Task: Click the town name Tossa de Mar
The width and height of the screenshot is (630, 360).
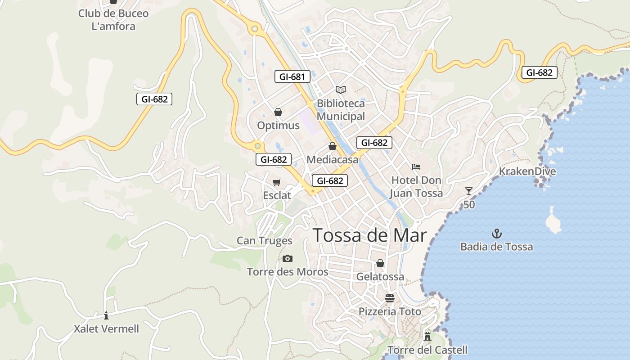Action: click(x=369, y=235)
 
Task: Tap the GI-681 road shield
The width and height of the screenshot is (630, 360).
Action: click(x=292, y=76)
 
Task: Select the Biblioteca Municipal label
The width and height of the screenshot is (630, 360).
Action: click(x=341, y=110)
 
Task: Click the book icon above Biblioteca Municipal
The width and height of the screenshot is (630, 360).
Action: click(x=341, y=90)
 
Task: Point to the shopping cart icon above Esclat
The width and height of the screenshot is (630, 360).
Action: click(x=277, y=182)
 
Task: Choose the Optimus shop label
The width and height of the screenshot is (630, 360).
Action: click(x=278, y=126)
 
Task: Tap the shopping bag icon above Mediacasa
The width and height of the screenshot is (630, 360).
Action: click(x=333, y=146)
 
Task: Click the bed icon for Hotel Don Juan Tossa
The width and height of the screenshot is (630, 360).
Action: click(x=416, y=167)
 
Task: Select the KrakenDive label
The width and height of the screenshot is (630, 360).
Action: click(x=527, y=171)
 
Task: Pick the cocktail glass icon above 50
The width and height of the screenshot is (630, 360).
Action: click(x=469, y=191)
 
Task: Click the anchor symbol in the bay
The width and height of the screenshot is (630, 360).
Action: click(x=497, y=234)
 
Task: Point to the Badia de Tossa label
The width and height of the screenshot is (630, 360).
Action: click(x=496, y=247)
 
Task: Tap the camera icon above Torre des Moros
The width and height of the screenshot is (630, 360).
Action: click(x=288, y=258)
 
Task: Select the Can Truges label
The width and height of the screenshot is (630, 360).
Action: click(x=265, y=241)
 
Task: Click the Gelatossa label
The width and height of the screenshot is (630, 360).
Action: click(x=380, y=277)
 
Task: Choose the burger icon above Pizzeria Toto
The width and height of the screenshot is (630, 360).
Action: click(x=390, y=298)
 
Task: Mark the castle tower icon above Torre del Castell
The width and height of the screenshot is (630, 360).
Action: click(x=427, y=336)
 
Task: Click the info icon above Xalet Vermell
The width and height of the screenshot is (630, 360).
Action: click(x=106, y=315)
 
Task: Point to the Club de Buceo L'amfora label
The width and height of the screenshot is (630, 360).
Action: click(x=113, y=20)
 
